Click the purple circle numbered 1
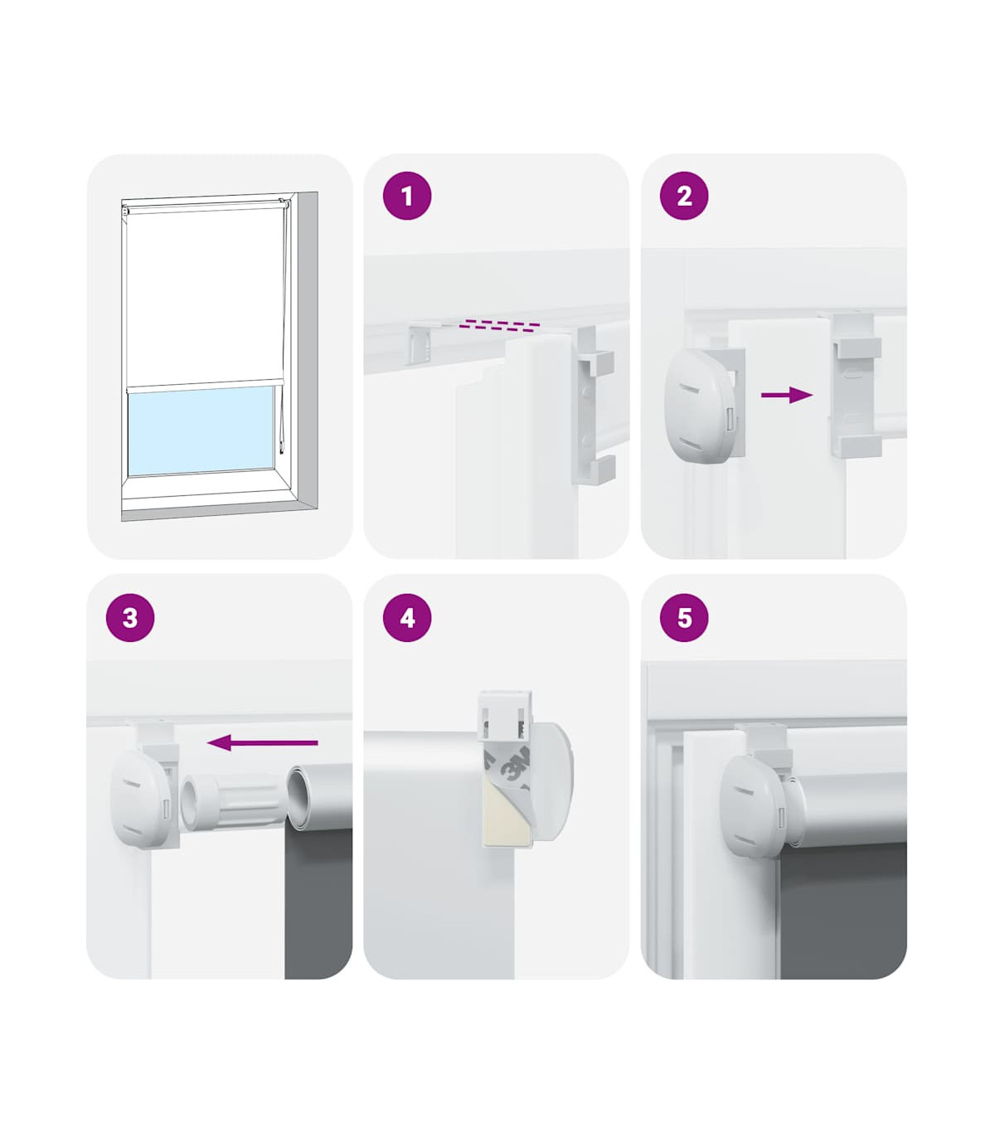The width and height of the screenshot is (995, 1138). (407, 196)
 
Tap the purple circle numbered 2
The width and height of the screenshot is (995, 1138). (684, 196)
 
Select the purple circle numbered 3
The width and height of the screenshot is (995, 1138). (130, 617)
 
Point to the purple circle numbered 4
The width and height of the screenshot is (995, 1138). (407, 617)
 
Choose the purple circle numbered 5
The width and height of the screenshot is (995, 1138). (684, 617)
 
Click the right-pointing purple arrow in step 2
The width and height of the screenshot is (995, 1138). (787, 395)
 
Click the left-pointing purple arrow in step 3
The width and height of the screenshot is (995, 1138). (262, 742)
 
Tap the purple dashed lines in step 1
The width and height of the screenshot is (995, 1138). (498, 326)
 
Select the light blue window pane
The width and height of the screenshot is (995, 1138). (201, 431)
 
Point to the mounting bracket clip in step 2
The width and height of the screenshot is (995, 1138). (854, 386)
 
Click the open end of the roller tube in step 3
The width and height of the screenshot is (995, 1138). (300, 797)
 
